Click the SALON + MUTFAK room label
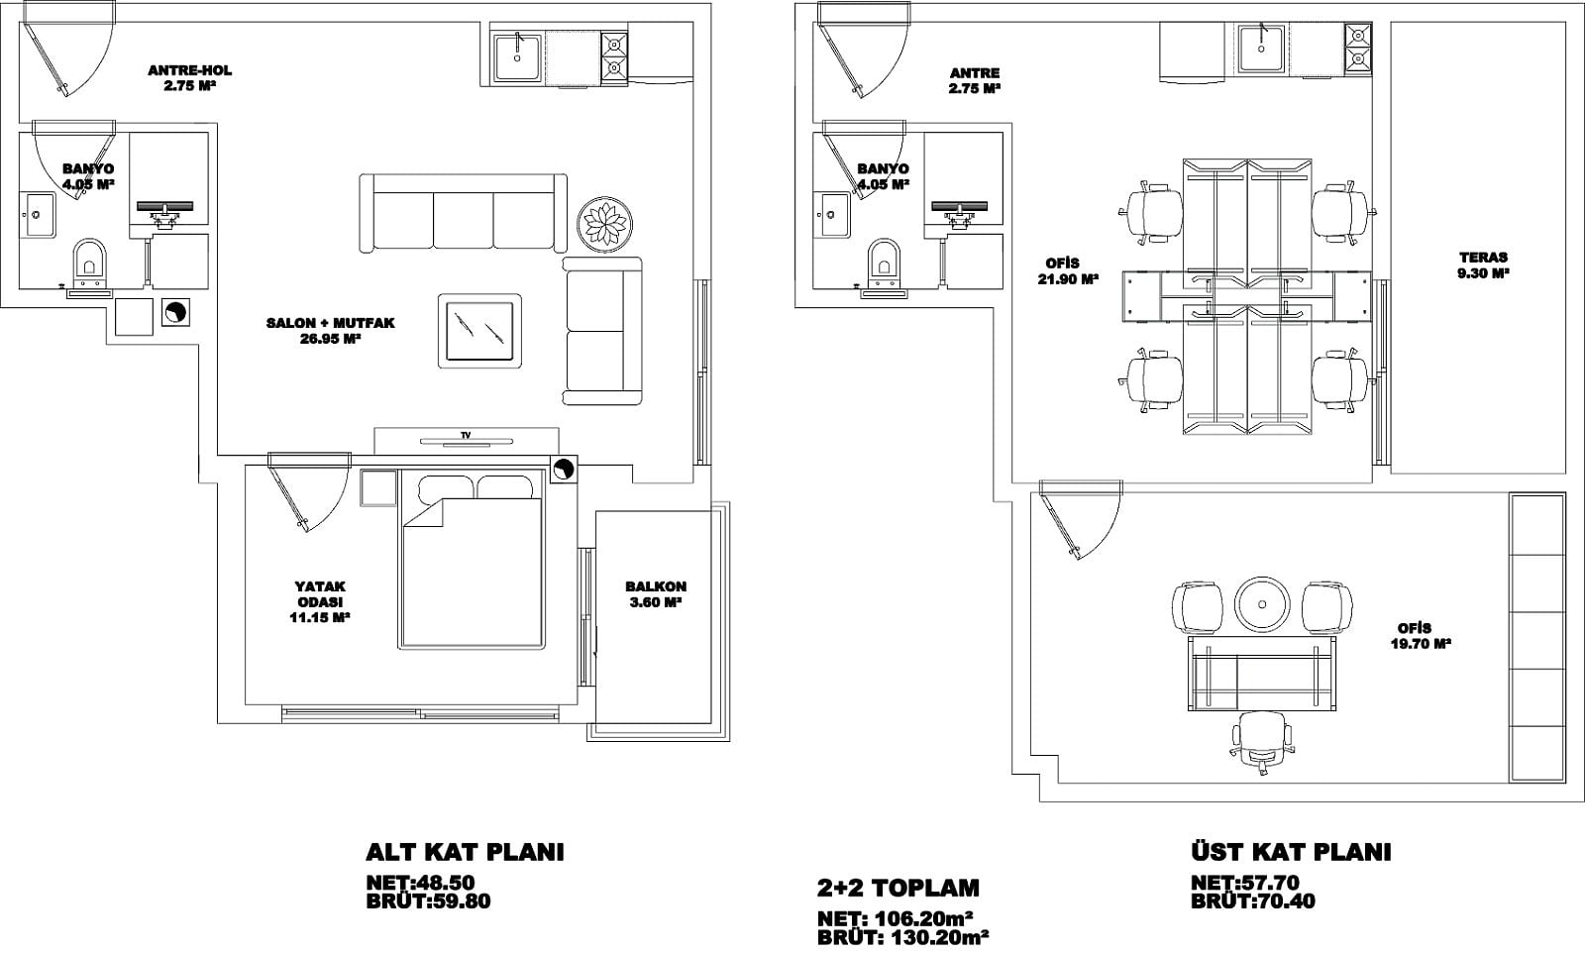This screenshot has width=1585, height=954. [331, 331]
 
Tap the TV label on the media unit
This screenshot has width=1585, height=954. [466, 435]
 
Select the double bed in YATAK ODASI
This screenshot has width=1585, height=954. [473, 559]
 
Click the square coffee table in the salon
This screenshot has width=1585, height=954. [479, 331]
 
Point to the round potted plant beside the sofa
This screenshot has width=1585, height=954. [605, 224]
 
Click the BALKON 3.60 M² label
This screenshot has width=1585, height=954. [655, 594]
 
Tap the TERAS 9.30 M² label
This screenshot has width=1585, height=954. [1483, 265]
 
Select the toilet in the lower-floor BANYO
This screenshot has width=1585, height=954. [90, 259]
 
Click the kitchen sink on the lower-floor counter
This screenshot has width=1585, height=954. [519, 55]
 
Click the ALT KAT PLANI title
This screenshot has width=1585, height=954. [465, 852]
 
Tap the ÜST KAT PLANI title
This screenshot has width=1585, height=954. [1291, 851]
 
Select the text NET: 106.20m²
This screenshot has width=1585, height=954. [896, 918]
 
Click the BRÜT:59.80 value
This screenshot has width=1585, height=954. [428, 901]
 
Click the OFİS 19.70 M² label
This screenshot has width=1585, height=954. [1424, 636]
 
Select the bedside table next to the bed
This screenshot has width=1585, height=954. [377, 487]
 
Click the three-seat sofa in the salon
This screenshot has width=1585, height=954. [464, 212]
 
